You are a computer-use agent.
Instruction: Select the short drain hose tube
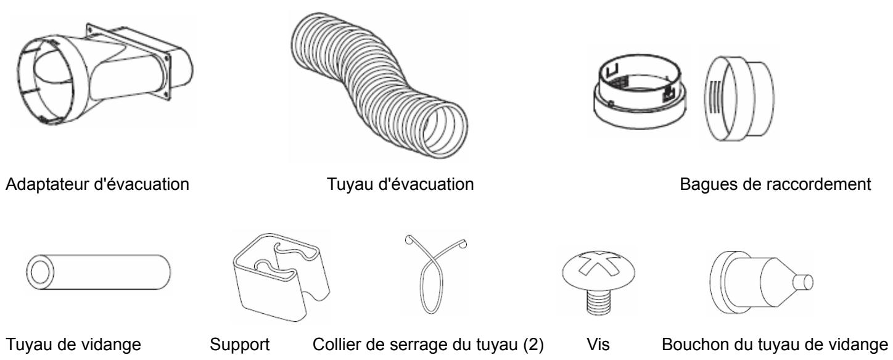[99, 272]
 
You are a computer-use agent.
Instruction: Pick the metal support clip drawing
[281, 277]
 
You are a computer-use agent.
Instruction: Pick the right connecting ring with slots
[739, 99]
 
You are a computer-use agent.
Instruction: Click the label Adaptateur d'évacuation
[97, 184]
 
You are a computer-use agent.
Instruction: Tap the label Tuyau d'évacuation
[400, 184]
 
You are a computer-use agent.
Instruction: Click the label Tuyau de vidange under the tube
[73, 344]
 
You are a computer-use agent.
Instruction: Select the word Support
[240, 345]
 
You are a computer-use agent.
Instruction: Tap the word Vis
[598, 344]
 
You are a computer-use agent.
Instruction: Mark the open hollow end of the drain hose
[40, 272]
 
